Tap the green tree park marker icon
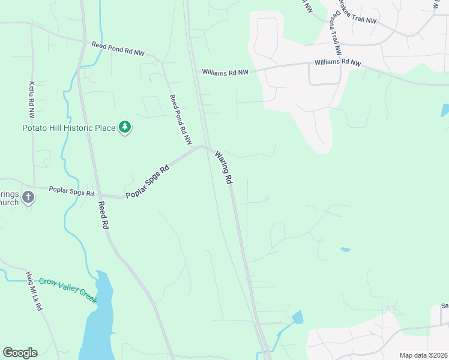[x=125, y=127]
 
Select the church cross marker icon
[x=28, y=197]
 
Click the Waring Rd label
[x=223, y=167]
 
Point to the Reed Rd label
[x=103, y=216]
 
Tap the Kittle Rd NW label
[x=31, y=100]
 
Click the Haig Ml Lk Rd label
[x=34, y=291]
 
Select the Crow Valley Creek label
[x=68, y=290]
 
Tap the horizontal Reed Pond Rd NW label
[x=118, y=48]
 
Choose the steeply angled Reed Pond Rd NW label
[x=180, y=119]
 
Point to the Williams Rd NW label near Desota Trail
[x=339, y=63]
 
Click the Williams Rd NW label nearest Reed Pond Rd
[x=225, y=72]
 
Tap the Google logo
[x=20, y=353]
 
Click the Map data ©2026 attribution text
[x=423, y=355]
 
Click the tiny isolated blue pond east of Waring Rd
[x=345, y=249]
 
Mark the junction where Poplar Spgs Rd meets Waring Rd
[x=206, y=146]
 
